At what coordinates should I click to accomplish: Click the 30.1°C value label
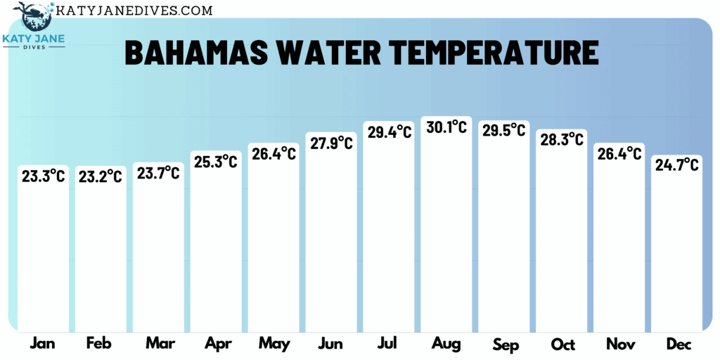[446, 127]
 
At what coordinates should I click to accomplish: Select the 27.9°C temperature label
[330, 143]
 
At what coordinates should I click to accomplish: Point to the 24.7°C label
[676, 165]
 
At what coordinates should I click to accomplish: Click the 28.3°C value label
[561, 139]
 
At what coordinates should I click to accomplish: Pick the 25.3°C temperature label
[216, 162]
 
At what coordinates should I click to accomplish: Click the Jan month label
[43, 344]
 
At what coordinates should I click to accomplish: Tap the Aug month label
[446, 344]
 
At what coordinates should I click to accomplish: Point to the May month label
[274, 344]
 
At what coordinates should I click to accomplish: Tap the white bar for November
[619, 246]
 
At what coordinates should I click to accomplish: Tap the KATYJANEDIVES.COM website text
[134, 11]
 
